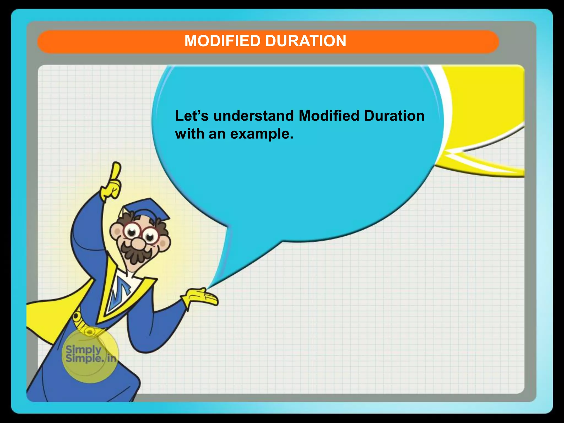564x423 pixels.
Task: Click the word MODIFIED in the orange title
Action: click(x=222, y=41)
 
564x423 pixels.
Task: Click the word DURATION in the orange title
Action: click(x=305, y=41)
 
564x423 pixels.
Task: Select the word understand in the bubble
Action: click(x=254, y=116)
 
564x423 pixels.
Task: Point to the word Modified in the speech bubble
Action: click(x=329, y=116)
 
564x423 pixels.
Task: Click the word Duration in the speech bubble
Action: click(x=394, y=116)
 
